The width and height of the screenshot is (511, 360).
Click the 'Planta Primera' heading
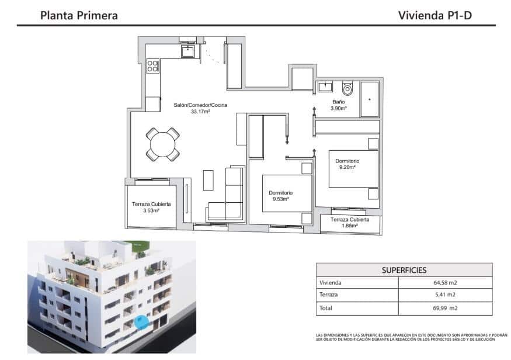click(x=79, y=15)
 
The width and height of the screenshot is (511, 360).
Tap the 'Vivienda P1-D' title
click(x=434, y=15)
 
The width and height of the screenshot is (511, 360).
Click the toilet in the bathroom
click(x=347, y=89)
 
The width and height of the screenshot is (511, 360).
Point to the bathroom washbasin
click(x=325, y=88)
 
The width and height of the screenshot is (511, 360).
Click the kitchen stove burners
click(x=152, y=65)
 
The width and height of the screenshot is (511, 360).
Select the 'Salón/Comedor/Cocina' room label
click(x=200, y=105)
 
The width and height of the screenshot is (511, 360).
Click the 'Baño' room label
click(x=339, y=102)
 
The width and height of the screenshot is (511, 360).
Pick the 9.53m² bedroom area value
click(x=280, y=199)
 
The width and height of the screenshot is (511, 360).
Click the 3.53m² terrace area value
click(x=151, y=211)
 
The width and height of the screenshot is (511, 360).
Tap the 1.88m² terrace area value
click(x=349, y=226)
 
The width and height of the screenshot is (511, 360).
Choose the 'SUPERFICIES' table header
click(x=404, y=270)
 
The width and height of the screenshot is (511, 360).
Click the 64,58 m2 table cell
click(x=444, y=283)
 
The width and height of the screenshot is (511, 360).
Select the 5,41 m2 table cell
click(x=444, y=295)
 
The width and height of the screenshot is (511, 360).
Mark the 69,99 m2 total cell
click(x=444, y=308)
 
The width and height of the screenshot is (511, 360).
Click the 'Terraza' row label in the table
click(x=329, y=295)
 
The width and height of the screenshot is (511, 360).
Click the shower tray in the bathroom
click(x=369, y=99)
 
